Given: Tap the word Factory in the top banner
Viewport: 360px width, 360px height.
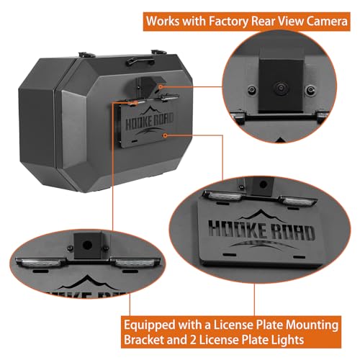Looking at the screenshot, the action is (229, 22).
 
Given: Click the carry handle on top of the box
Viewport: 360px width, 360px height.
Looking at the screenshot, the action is (140, 60).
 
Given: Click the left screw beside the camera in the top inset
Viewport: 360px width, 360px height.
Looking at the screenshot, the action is (251, 90).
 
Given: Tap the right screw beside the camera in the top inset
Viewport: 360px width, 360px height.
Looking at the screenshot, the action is (310, 90).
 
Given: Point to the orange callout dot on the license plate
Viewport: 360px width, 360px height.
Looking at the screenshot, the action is (165, 135).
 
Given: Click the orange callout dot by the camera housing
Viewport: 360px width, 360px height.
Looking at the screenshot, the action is (161, 87).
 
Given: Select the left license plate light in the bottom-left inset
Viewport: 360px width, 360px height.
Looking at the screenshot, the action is (40, 263).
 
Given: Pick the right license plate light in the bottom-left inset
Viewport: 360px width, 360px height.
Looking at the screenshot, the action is (135, 263).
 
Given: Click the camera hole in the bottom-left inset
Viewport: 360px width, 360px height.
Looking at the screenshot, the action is (87, 246).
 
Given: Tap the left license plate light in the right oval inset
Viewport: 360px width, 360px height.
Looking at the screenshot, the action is (223, 196).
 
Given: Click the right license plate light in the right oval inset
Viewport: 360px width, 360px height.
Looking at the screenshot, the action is (297, 201).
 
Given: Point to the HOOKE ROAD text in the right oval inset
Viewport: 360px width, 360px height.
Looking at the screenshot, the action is (261, 231).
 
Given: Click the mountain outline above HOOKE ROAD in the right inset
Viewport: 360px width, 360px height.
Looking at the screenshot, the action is (261, 215).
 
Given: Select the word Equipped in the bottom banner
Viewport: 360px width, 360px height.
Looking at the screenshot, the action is (150, 326).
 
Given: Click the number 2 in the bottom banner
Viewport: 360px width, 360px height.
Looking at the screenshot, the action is (193, 341).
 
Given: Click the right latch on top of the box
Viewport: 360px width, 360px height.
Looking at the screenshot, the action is (158, 52).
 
